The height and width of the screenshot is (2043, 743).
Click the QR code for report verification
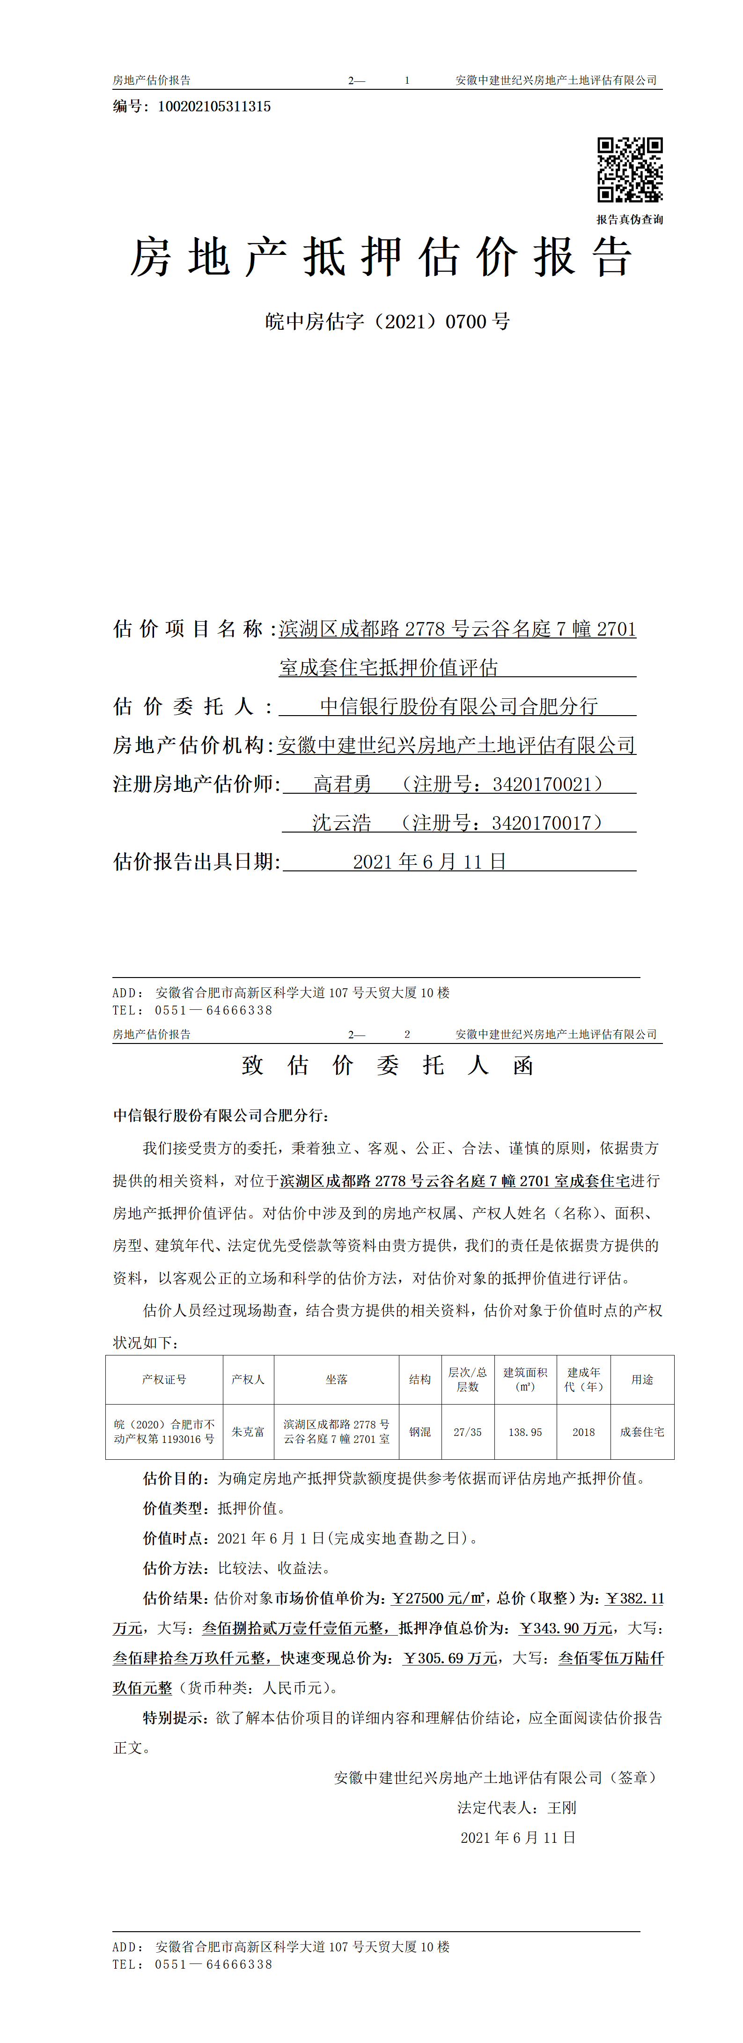(630, 170)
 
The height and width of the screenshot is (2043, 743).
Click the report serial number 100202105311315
(214, 106)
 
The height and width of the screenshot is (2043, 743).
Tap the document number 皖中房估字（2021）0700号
(387, 321)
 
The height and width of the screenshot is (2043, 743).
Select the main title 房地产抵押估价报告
(381, 258)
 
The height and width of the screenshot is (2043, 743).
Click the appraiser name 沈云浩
(341, 823)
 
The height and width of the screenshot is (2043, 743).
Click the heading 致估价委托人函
(387, 1065)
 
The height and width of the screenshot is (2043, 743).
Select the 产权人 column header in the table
(248, 1379)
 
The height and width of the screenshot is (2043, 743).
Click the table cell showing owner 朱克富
(248, 1432)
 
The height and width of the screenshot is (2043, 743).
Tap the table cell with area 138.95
(525, 1432)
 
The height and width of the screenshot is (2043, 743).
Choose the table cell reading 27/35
(468, 1432)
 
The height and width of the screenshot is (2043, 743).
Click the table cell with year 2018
(583, 1432)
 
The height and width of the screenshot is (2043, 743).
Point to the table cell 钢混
(420, 1432)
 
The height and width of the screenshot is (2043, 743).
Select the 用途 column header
(642, 1379)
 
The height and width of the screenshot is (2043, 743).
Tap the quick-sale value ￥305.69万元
(450, 1658)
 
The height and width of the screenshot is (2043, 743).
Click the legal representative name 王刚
(562, 1807)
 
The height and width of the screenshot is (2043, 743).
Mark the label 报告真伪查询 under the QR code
(630, 220)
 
